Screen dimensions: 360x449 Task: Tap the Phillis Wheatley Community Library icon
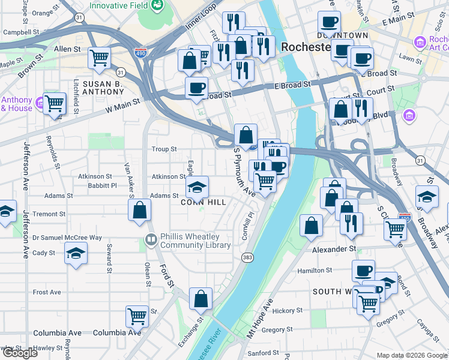pos(151,241)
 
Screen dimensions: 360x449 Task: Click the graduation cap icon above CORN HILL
pos(197,188)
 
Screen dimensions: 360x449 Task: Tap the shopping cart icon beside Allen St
pos(99,58)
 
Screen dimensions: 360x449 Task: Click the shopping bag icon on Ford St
pos(139,211)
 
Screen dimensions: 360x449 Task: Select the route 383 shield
pos(247,257)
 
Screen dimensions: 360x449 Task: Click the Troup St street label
pos(164,149)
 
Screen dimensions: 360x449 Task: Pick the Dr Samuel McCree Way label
pos(67,238)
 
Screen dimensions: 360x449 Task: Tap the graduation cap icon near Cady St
pos(76,253)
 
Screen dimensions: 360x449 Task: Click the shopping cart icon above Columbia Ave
pos(137,316)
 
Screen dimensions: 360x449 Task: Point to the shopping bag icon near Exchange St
pos(200,298)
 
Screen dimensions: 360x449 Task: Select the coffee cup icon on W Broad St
pos(196,88)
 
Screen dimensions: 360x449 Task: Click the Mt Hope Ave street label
pos(259,317)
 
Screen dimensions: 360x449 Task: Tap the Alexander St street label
pos(334,249)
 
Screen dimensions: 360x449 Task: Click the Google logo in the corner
pos(19,353)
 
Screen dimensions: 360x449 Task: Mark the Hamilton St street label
pos(315,271)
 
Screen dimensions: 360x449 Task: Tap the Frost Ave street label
pos(47,292)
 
